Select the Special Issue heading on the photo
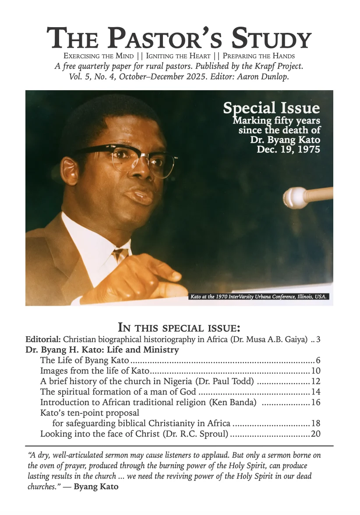pos(271,108)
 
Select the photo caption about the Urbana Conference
pos(259,297)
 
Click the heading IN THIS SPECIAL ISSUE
pos(180,327)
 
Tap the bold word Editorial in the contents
pos(43,339)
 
